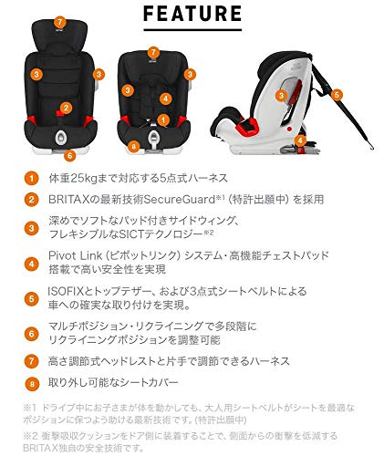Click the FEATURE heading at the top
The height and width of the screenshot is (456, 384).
pos(192,15)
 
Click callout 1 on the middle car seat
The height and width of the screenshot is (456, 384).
pos(161,119)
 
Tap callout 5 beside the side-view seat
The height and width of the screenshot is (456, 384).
pos(336,94)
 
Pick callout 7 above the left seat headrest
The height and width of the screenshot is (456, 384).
pos(59,21)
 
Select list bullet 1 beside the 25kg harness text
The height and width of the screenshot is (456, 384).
pos(31,179)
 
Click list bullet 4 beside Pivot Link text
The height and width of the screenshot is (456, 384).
pos(31,265)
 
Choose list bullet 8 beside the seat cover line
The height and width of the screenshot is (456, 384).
pos(31,383)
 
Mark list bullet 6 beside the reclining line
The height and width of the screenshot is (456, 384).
pos(31,333)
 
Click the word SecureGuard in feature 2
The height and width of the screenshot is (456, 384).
pos(177,199)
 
